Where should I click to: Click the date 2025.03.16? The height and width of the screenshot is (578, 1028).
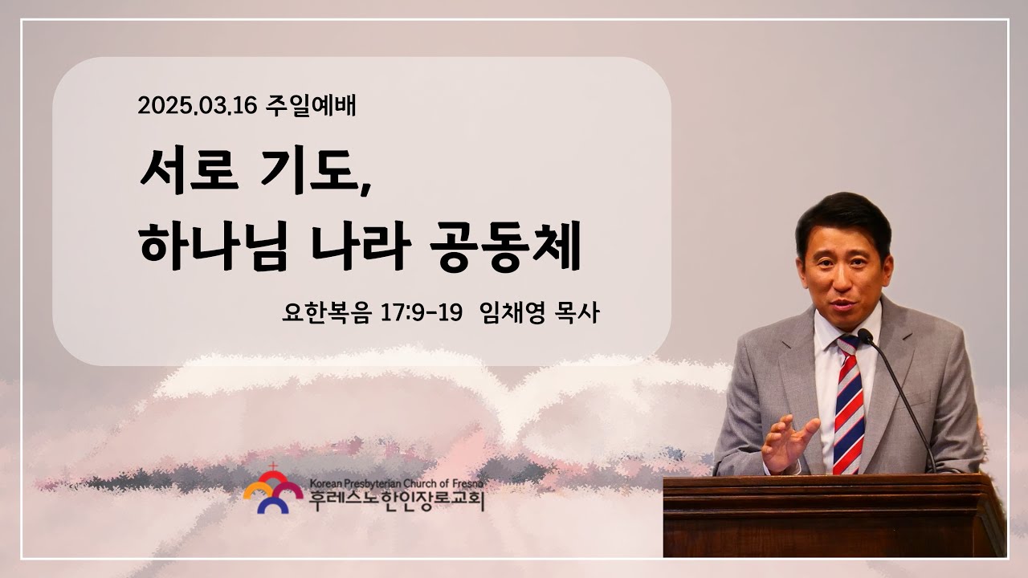click(197, 106)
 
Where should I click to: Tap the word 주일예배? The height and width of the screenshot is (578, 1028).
click(311, 106)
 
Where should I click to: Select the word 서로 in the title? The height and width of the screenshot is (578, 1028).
click(190, 171)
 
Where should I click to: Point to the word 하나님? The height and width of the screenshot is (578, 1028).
click(214, 246)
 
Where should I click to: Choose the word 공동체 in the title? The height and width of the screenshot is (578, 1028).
click(506, 246)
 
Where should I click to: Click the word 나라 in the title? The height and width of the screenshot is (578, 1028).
click(360, 246)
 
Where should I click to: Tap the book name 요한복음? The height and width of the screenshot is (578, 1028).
click(326, 312)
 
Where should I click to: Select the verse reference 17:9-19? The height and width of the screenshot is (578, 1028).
click(422, 313)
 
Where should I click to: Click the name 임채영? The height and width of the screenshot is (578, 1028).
click(512, 312)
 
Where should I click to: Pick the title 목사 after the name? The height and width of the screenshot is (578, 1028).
click(577, 312)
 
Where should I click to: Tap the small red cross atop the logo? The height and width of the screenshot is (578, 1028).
click(273, 466)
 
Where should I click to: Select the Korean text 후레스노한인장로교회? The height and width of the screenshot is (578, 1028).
click(397, 501)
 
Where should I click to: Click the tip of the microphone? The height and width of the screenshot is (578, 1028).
click(864, 335)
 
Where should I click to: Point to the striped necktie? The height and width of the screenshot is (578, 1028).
click(848, 405)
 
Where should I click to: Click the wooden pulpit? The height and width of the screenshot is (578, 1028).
click(834, 515)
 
